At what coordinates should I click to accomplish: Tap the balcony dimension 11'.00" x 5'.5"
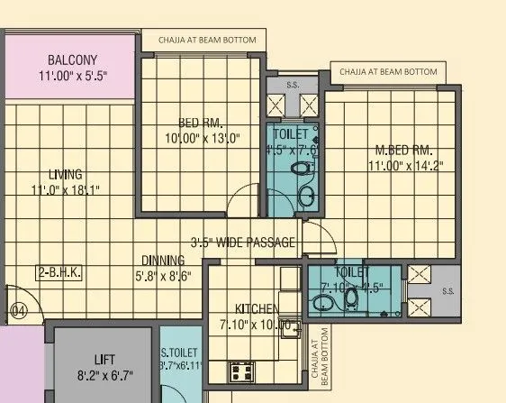tap(73, 78)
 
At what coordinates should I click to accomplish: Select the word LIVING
tap(66, 174)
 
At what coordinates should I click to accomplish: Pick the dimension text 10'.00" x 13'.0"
tap(203, 139)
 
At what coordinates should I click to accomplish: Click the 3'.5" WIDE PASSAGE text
tap(243, 243)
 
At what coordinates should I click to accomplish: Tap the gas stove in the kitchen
tap(242, 370)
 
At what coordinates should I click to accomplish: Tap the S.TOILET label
tap(181, 352)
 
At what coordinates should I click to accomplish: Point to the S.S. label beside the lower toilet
tap(448, 289)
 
